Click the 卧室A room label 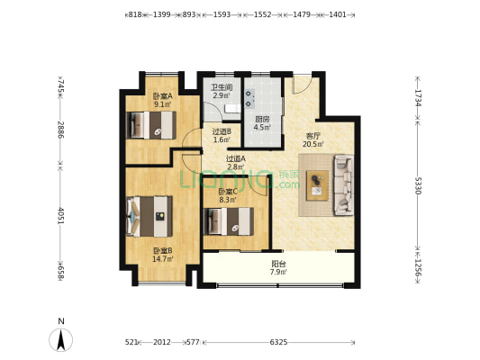(x=163, y=96)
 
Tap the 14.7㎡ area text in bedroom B (x=163, y=259)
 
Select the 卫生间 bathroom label (x=222, y=87)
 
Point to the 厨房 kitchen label (x=262, y=120)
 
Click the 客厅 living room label (x=313, y=136)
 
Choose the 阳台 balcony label (x=278, y=264)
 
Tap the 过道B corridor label (x=222, y=131)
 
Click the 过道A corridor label (x=236, y=158)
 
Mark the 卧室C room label (x=228, y=192)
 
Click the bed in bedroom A (x=151, y=125)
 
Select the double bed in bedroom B (x=149, y=216)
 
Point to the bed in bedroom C (x=229, y=221)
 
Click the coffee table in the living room (x=317, y=185)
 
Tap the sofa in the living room (x=343, y=185)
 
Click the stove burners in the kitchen (x=249, y=98)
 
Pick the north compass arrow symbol (x=61, y=339)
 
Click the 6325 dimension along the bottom (x=278, y=342)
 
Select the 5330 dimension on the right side (x=418, y=185)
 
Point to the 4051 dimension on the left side (x=61, y=216)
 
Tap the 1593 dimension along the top (x=222, y=14)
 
